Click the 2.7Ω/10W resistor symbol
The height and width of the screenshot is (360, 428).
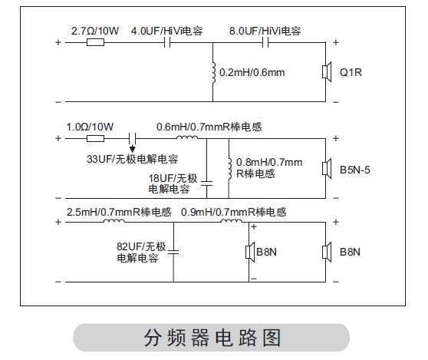coord(95,42)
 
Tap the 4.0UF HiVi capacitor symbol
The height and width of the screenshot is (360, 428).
coord(167,42)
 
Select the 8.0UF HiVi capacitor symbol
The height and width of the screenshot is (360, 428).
coord(265,42)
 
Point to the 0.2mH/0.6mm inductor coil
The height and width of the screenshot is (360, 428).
coord(214,72)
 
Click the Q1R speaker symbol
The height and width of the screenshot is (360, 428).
coord(327,72)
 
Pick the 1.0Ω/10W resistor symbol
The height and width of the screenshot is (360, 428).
coord(95,138)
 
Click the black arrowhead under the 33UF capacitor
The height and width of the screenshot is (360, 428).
coord(133,149)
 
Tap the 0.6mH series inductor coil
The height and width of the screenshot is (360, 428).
coord(187,137)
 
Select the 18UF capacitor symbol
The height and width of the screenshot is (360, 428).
coord(206,183)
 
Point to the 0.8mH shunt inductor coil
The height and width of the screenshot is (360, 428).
coord(230,168)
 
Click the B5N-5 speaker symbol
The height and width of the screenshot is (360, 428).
coord(327,169)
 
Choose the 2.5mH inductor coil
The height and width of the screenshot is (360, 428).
coord(114,221)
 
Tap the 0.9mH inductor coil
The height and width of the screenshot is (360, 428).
coord(231,221)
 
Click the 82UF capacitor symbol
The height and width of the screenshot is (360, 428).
coord(173,252)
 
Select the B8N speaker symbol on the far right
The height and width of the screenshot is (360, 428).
coord(327,252)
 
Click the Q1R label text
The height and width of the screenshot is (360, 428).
coord(351,72)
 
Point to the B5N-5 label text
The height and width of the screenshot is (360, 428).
coord(355,170)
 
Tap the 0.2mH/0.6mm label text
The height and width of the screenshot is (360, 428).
coord(252,72)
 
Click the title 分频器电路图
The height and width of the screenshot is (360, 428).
coord(212,338)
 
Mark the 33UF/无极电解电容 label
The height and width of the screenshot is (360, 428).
coord(133,159)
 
